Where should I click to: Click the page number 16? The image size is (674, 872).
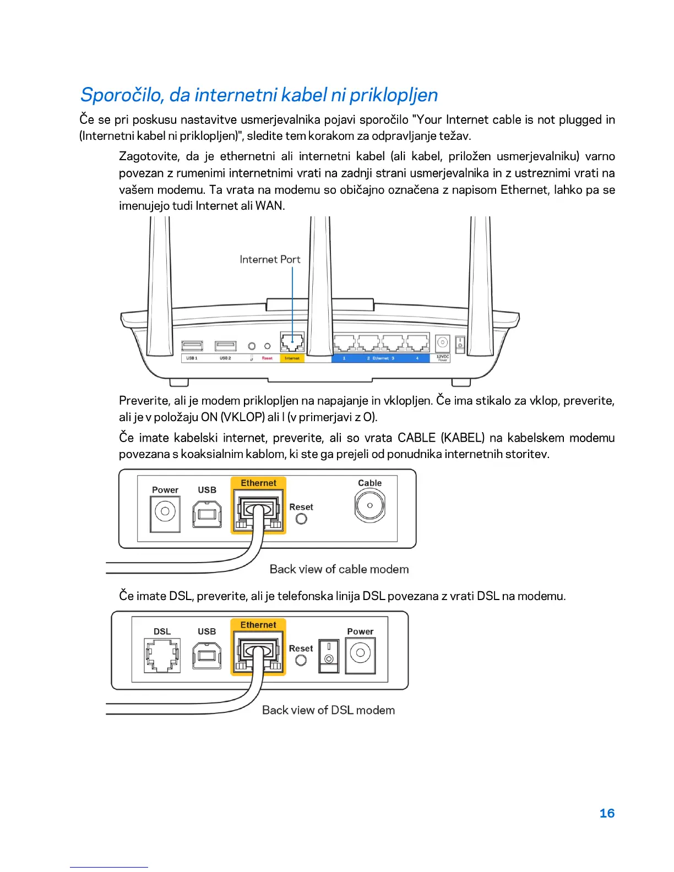(x=606, y=813)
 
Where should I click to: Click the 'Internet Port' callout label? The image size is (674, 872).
(x=270, y=259)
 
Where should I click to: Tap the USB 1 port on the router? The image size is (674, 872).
(x=192, y=346)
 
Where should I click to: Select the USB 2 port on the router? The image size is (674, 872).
(x=225, y=346)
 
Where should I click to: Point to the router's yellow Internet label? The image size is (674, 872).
(x=292, y=358)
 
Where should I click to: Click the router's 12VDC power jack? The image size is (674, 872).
(x=442, y=343)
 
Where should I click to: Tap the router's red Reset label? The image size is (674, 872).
(x=267, y=358)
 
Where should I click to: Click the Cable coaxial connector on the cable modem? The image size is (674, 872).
(x=369, y=505)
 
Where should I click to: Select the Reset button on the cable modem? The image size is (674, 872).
(x=301, y=519)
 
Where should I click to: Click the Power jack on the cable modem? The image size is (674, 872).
(x=165, y=512)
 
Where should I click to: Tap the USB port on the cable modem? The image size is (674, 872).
(x=207, y=513)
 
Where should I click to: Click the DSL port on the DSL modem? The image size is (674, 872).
(x=162, y=655)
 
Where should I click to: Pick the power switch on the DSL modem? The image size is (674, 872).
(x=329, y=655)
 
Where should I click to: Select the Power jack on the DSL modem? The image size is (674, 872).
(x=360, y=654)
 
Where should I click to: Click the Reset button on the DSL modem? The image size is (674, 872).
(x=301, y=660)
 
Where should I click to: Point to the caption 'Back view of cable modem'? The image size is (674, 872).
(x=339, y=569)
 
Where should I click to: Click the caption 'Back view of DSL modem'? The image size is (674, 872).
(x=328, y=710)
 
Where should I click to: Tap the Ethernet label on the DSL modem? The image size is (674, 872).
(x=258, y=625)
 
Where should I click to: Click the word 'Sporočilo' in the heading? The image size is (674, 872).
(x=122, y=95)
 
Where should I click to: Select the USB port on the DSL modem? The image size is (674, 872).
(x=207, y=655)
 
